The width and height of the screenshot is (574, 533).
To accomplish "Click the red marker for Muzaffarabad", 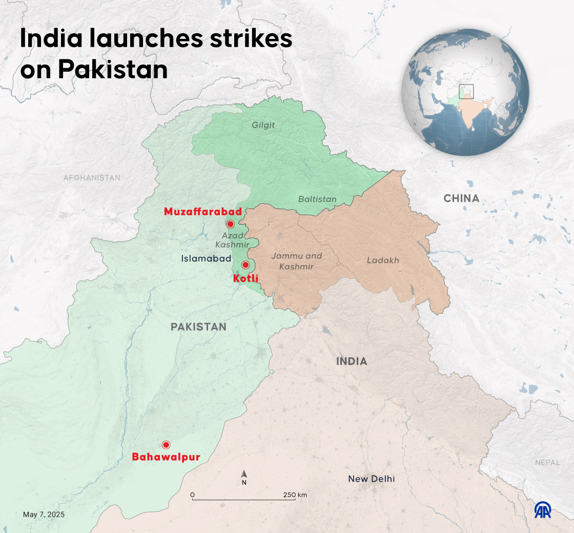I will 230,224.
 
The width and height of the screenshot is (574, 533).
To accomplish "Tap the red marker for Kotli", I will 245,265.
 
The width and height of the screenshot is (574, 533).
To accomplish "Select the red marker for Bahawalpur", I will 166,444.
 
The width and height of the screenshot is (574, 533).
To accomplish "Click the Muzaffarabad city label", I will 202,211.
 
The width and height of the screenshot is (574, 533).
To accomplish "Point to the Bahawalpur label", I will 166,457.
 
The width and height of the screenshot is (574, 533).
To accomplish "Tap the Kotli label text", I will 245,279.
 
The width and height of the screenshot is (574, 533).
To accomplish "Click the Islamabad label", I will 206,259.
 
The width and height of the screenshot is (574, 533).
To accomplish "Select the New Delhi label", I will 372,479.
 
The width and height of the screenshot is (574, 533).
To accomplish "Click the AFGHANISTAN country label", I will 92,178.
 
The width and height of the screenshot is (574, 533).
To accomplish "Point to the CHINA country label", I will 461,198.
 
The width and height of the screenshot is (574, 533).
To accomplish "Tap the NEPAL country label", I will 547,462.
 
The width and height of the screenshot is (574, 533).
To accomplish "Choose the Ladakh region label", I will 382,260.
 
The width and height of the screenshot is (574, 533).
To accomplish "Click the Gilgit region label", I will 263,125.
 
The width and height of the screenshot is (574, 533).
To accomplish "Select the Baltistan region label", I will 317,199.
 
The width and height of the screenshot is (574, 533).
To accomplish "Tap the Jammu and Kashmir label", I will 296,261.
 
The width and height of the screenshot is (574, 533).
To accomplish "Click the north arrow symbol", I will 244,475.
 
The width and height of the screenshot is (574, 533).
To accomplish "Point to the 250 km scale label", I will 295,495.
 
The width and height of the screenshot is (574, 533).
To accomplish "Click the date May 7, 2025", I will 44,515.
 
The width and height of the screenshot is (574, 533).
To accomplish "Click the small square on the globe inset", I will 466,92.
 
